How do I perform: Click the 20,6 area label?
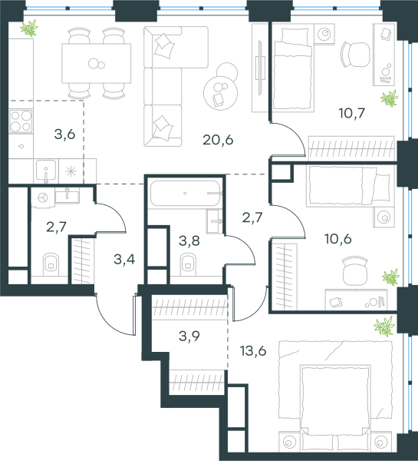218,140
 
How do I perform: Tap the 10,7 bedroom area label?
352,113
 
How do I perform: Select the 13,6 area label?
253,350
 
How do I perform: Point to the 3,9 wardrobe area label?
189,336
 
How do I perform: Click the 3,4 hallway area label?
124,260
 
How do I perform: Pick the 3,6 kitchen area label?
65,134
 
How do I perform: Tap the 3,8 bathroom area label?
189,240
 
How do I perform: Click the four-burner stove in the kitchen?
21,121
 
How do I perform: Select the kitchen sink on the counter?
46,171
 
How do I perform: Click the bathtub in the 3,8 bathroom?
185,193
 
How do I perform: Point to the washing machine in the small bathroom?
43,197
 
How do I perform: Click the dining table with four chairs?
97,63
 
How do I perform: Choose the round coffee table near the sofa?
220,93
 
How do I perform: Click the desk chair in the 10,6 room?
355,270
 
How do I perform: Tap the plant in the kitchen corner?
29,28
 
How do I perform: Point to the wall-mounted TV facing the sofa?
259,68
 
